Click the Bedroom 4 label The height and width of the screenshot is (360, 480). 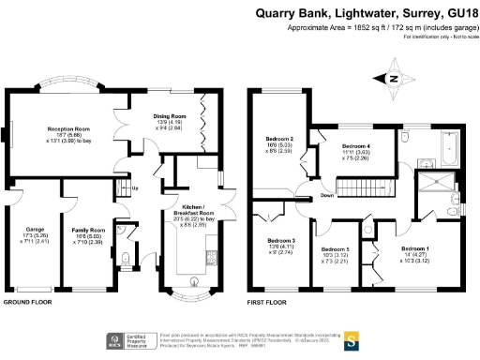[355, 146]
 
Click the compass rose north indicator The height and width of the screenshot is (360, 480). [395, 78]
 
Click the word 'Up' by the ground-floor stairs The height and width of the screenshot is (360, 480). [136, 188]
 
